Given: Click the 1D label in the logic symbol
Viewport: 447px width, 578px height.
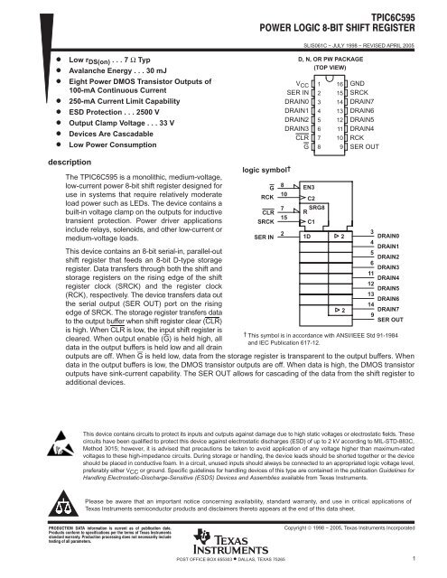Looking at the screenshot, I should click(308, 237).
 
